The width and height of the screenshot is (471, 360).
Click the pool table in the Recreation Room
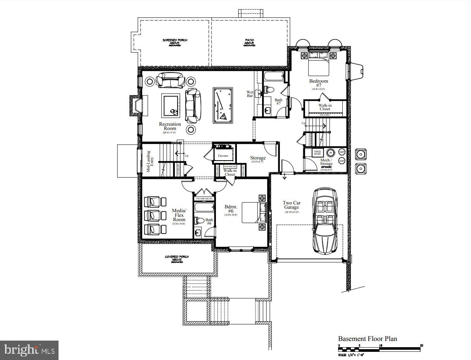(223, 105)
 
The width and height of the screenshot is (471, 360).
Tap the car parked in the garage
(324, 221)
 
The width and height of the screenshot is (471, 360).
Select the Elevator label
(223, 156)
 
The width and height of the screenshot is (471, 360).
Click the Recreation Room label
(170, 126)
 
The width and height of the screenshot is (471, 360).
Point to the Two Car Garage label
(292, 205)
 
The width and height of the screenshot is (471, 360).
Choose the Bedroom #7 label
(318, 83)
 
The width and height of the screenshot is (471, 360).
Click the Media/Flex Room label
(179, 215)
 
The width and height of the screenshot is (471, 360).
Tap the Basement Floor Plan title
(367, 339)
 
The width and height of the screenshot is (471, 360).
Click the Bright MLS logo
(29, 350)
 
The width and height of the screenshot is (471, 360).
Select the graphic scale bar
(380, 349)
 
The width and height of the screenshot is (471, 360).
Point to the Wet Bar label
(250, 94)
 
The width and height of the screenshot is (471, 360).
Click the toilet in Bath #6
(199, 221)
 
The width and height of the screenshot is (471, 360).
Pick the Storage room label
(258, 158)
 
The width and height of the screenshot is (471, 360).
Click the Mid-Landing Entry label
(150, 162)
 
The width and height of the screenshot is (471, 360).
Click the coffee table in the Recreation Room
(171, 106)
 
